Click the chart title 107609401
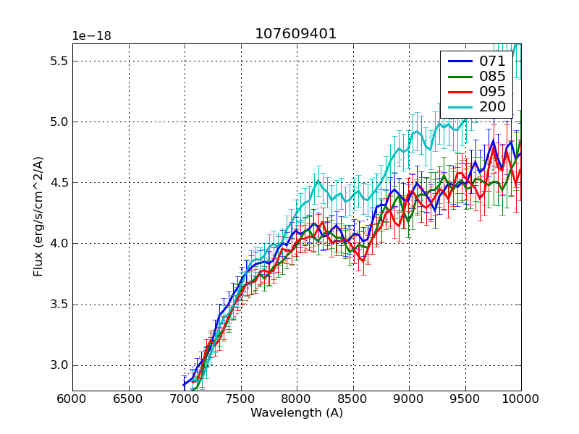pos(296,34)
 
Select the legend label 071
pos(493,61)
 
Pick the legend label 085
pos(493,77)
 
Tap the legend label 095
pos(493,92)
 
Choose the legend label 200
pos(493,107)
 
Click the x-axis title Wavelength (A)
pos(297,413)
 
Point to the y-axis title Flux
pos(38,217)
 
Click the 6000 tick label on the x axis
pos(72,398)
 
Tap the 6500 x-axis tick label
pos(129,398)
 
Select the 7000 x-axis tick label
pos(185,398)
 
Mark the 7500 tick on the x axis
pos(241,398)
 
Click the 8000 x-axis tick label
pos(297,398)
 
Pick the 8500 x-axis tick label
pos(353,398)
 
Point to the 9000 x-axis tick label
pos(409,398)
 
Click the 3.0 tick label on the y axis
pos(58,365)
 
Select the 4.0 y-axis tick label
pos(58,244)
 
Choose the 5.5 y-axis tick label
pos(58,61)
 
